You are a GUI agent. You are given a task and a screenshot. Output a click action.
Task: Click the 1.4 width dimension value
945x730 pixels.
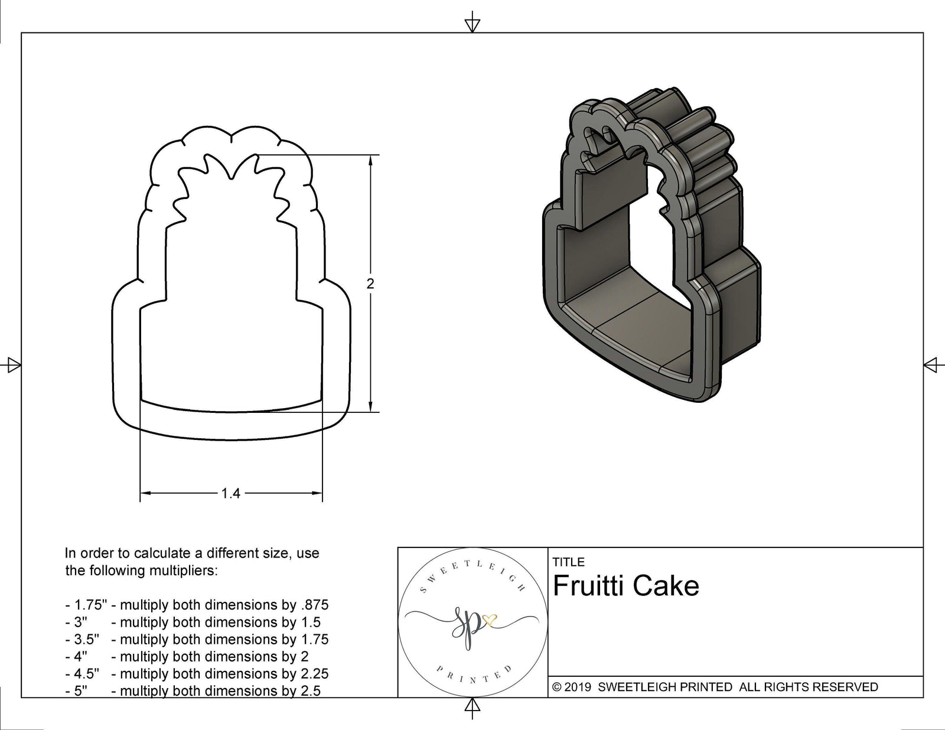pyautogui.click(x=231, y=493)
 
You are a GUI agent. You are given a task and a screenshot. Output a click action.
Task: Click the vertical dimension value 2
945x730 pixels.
pyautogui.click(x=370, y=283)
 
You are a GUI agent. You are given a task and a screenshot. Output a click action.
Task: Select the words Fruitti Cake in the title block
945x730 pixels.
pyautogui.click(x=626, y=586)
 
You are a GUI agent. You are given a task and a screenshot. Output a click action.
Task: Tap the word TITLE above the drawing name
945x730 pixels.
pyautogui.click(x=568, y=562)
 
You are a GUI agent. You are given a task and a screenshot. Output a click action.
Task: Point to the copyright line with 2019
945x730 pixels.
pyautogui.click(x=715, y=687)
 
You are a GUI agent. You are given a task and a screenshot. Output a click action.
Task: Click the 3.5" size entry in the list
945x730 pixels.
pyautogui.click(x=86, y=639)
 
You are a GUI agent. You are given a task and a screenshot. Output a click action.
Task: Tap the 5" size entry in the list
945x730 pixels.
pyautogui.click(x=80, y=690)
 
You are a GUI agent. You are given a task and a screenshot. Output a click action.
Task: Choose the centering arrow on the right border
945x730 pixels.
pyautogui.click(x=931, y=365)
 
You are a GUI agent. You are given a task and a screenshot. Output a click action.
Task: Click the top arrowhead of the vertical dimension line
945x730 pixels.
pyautogui.click(x=370, y=161)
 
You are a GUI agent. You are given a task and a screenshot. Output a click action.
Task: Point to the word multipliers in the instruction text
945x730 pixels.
pyautogui.click(x=187, y=571)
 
